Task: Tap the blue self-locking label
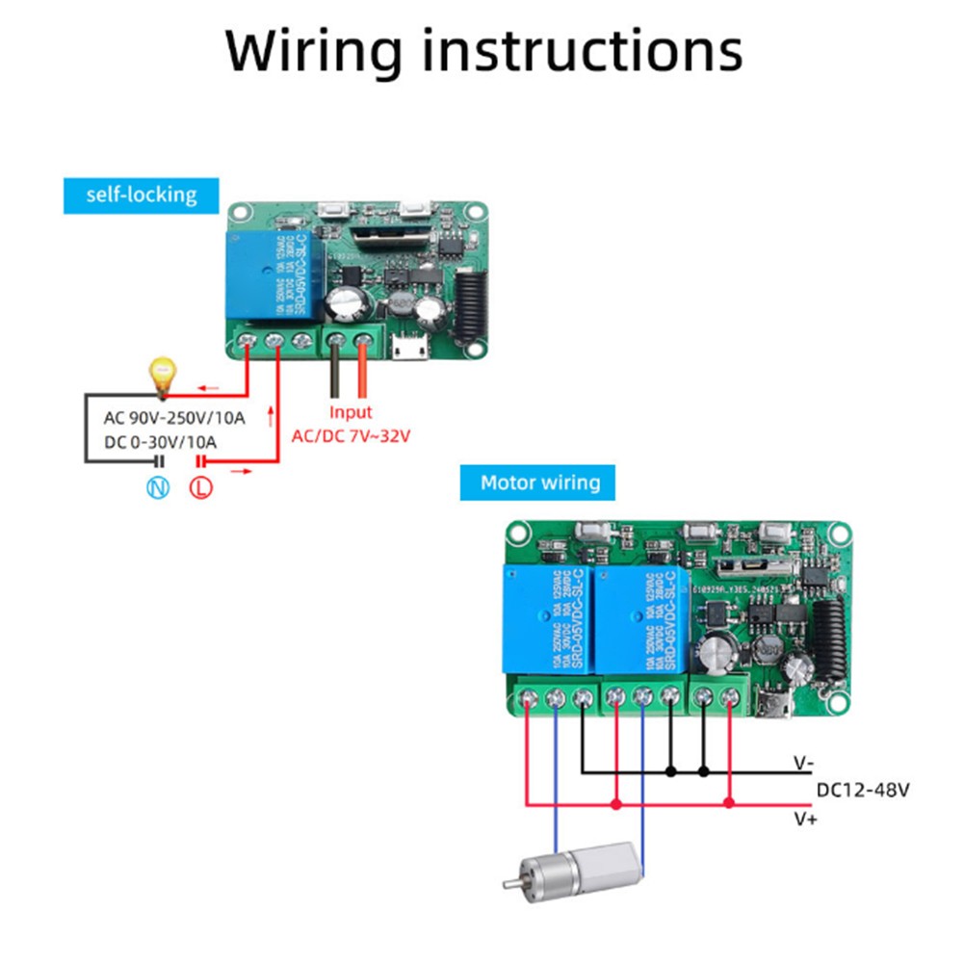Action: click(141, 195)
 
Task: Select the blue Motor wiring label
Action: click(539, 482)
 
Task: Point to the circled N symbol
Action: click(158, 487)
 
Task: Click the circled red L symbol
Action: click(202, 487)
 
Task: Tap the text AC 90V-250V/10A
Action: click(174, 418)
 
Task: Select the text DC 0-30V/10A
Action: click(160, 442)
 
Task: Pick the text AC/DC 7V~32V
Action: click(351, 435)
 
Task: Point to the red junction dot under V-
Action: click(729, 801)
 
